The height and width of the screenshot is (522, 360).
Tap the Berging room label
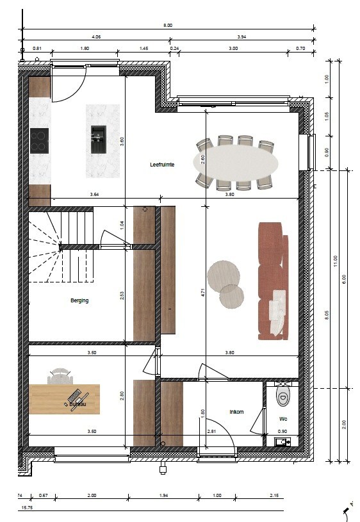click(79, 300)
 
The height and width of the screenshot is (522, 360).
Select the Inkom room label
click(236, 412)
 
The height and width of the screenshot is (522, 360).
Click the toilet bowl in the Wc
click(282, 396)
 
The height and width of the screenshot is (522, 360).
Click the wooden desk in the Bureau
click(64, 399)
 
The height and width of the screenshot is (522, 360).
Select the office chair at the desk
click(60, 375)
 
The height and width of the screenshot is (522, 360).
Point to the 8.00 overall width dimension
click(168, 25)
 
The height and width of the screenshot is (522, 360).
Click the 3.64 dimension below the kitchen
click(94, 194)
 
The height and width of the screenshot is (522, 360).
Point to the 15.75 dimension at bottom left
click(27, 508)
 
